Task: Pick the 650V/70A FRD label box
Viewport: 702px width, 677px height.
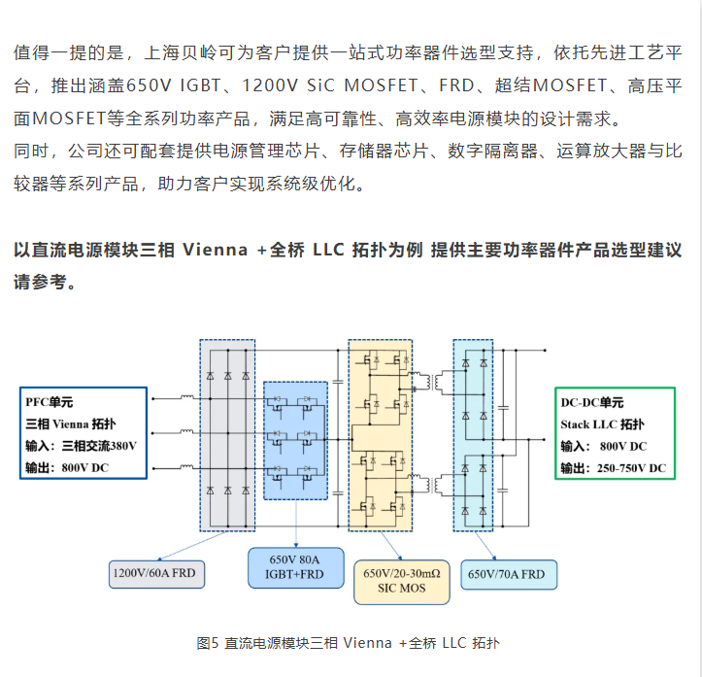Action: coord(509,575)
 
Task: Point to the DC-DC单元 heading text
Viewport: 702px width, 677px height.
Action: coord(592,402)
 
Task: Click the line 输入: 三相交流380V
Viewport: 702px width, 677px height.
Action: coord(82,447)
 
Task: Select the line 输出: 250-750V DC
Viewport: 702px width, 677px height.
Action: coord(613,469)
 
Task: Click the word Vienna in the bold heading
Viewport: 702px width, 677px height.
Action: coord(215,250)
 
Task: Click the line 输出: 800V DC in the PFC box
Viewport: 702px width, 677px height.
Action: coord(73,469)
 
